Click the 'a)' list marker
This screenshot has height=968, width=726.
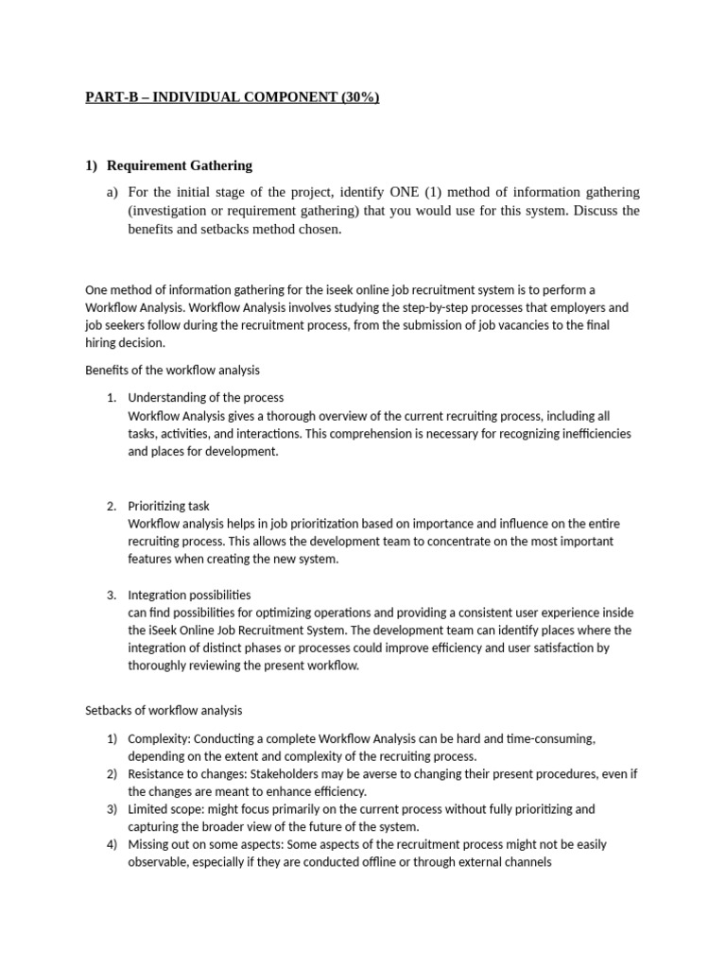(x=112, y=192)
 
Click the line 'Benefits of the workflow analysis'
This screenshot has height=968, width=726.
(x=172, y=369)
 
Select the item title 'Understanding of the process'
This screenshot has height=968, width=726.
(x=205, y=397)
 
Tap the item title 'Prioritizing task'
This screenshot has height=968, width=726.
(x=175, y=506)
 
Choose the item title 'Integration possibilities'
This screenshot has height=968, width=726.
(x=189, y=595)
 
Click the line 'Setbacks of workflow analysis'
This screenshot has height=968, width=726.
(x=164, y=710)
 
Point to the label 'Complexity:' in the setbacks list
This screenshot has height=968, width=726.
(x=158, y=738)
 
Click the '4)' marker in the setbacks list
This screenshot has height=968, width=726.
(x=112, y=844)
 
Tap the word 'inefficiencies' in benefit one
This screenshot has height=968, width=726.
(x=586, y=433)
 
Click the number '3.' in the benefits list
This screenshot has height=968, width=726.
(x=112, y=595)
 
